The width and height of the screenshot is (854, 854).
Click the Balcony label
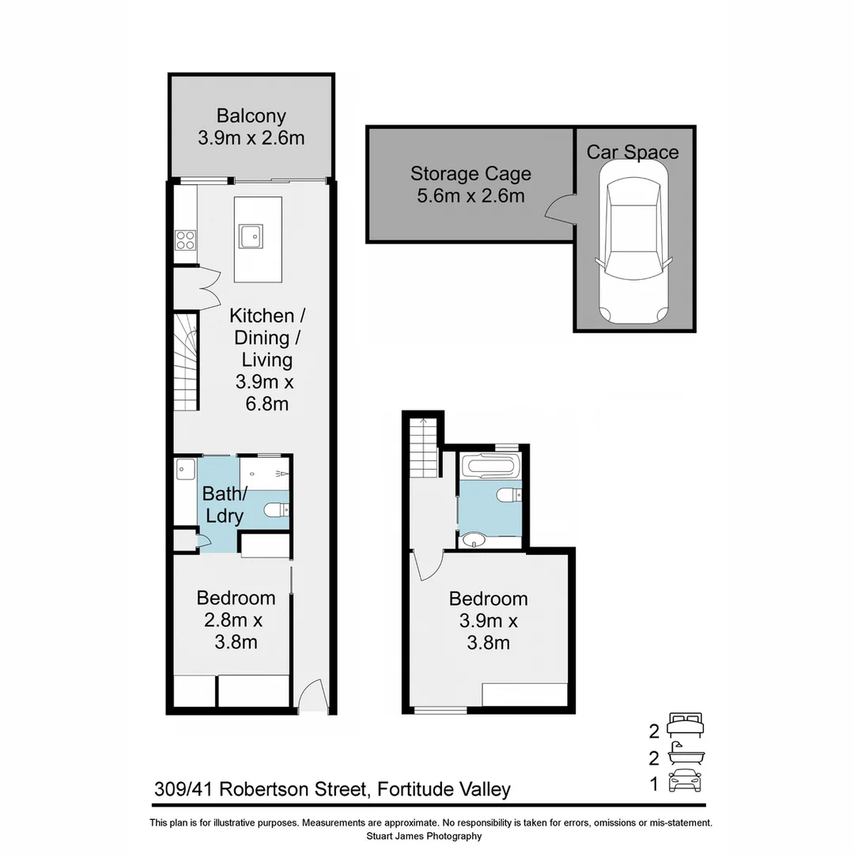coord(251,116)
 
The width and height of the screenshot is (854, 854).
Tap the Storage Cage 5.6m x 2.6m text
coord(470,184)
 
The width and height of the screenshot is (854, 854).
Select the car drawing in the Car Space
coord(633,242)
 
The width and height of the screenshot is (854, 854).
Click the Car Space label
coord(633,153)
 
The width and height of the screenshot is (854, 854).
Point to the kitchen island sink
coord(251,236)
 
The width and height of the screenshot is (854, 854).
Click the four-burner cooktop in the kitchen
coord(186,240)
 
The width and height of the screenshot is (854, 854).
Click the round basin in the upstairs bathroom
coord(474,540)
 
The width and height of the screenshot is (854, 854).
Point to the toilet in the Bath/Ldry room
coord(278,511)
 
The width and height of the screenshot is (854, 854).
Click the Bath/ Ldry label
coord(224,505)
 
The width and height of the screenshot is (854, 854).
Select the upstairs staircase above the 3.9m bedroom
coord(423,449)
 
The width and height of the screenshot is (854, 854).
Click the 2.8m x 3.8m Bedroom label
coord(236,620)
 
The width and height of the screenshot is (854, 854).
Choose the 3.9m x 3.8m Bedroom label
coord(488,621)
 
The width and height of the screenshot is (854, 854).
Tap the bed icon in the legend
coord(685,724)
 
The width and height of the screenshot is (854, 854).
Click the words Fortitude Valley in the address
coord(444,789)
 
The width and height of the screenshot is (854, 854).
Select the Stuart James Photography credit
coord(424,836)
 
